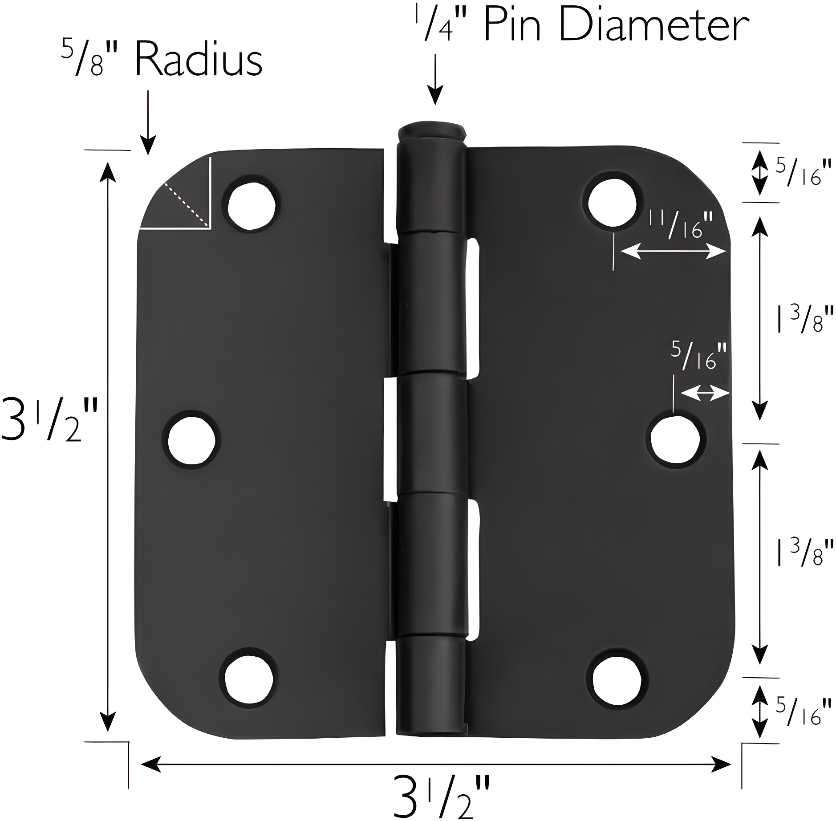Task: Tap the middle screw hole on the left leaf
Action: [x=191, y=440]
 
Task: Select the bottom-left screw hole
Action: [x=248, y=681]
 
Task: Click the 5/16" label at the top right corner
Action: [x=804, y=172]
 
